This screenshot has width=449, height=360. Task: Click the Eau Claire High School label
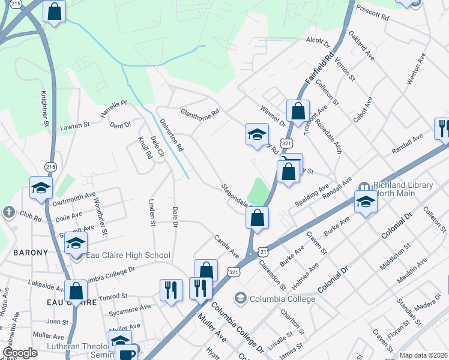(128, 256)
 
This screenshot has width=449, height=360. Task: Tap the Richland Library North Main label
(403, 190)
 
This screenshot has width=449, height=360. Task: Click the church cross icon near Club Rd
(9, 212)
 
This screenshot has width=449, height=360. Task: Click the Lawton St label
(74, 127)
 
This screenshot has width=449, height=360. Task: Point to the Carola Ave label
(227, 247)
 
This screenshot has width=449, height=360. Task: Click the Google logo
(20, 353)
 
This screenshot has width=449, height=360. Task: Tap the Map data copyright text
(423, 355)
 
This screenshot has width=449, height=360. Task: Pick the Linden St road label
(152, 210)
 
